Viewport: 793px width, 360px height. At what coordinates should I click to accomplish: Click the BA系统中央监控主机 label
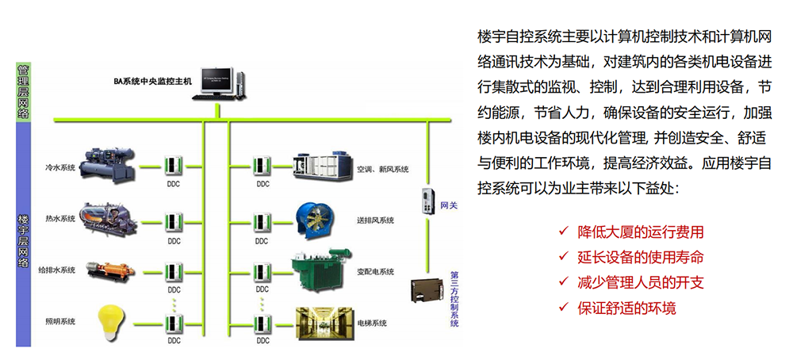(153, 82)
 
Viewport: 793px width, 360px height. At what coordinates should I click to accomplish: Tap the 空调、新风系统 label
(382, 169)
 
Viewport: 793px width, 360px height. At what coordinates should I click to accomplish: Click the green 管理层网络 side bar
(23, 90)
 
